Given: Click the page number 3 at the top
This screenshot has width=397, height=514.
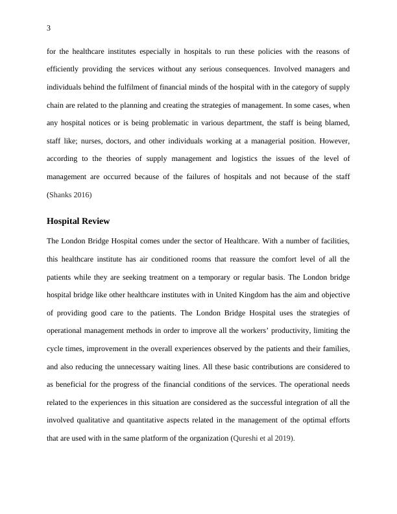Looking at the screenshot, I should [49, 29].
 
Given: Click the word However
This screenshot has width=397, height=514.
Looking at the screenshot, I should [333, 140].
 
